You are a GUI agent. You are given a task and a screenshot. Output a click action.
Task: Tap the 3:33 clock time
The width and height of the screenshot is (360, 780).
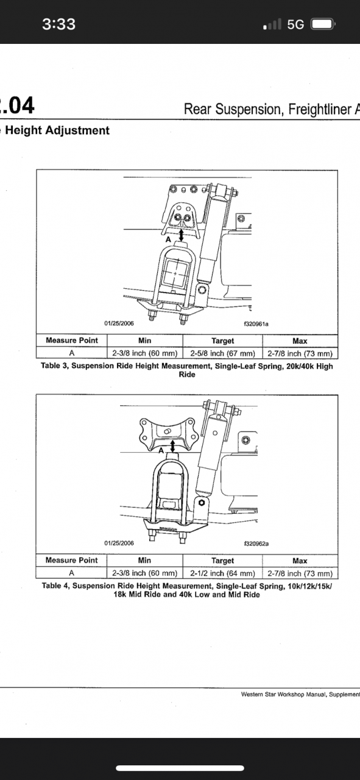point(59,24)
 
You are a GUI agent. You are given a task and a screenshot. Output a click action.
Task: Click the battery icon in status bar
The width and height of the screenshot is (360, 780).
point(323,24)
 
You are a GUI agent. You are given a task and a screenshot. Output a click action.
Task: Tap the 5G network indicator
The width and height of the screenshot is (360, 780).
point(295,24)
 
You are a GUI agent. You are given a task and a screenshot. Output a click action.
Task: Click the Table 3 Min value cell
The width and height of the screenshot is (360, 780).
point(145,353)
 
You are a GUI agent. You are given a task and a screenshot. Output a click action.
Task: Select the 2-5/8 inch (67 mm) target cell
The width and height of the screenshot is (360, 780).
point(223,353)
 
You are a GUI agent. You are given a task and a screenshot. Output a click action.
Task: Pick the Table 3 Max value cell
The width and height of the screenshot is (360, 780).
point(300,353)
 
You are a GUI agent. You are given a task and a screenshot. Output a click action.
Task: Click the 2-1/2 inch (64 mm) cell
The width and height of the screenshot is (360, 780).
point(223,573)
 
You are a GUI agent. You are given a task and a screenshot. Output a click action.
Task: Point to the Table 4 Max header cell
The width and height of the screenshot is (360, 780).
point(300,561)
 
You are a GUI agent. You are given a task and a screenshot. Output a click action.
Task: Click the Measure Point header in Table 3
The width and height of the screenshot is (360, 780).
point(72,340)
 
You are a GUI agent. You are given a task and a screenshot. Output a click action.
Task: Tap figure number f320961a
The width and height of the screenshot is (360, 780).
point(256,324)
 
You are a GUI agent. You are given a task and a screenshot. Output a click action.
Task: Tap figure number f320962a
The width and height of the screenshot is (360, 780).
point(256,544)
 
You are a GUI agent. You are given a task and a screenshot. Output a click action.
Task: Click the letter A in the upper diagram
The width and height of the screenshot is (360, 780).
point(168,239)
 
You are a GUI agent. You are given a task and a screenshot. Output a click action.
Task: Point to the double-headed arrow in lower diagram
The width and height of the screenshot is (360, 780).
point(172,446)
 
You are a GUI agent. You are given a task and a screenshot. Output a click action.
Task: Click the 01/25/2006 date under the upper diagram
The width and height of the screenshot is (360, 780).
point(119,323)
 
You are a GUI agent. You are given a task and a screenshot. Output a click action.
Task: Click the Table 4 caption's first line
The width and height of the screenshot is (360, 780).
point(187,586)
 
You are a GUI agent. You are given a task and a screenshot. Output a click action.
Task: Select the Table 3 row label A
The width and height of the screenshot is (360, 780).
point(72,353)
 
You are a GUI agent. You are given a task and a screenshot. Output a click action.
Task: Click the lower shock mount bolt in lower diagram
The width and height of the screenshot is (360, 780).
point(202,503)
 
